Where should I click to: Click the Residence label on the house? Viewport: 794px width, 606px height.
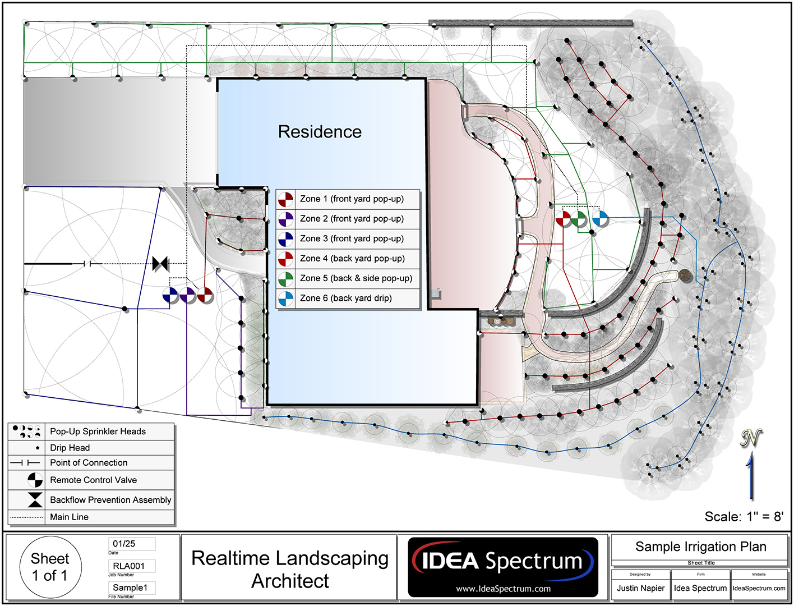(320, 132)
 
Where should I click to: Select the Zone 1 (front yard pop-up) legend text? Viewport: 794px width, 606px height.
(352, 199)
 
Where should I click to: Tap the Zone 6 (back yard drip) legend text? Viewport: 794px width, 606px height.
(345, 298)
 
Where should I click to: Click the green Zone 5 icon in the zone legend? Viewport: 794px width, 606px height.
(286, 279)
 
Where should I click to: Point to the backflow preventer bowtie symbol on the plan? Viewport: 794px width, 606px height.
(160, 263)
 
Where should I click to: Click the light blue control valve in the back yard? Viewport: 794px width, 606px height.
(600, 218)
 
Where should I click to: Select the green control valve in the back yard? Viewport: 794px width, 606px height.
(579, 219)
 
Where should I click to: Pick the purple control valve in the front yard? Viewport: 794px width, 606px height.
(187, 295)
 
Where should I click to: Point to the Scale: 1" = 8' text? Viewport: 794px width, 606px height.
(744, 517)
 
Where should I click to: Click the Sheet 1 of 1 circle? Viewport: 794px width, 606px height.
(50, 567)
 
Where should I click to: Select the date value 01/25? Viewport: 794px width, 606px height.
(124, 544)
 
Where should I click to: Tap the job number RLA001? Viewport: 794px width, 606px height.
(128, 566)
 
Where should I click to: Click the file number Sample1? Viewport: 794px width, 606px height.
(130, 587)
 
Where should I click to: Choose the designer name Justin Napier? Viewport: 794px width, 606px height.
(640, 588)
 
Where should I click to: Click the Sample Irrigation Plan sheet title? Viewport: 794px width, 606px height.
(700, 547)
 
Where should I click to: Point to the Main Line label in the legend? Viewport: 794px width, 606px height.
(69, 517)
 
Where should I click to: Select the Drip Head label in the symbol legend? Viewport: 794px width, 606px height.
(70, 448)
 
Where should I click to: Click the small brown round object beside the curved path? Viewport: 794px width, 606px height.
(685, 275)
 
